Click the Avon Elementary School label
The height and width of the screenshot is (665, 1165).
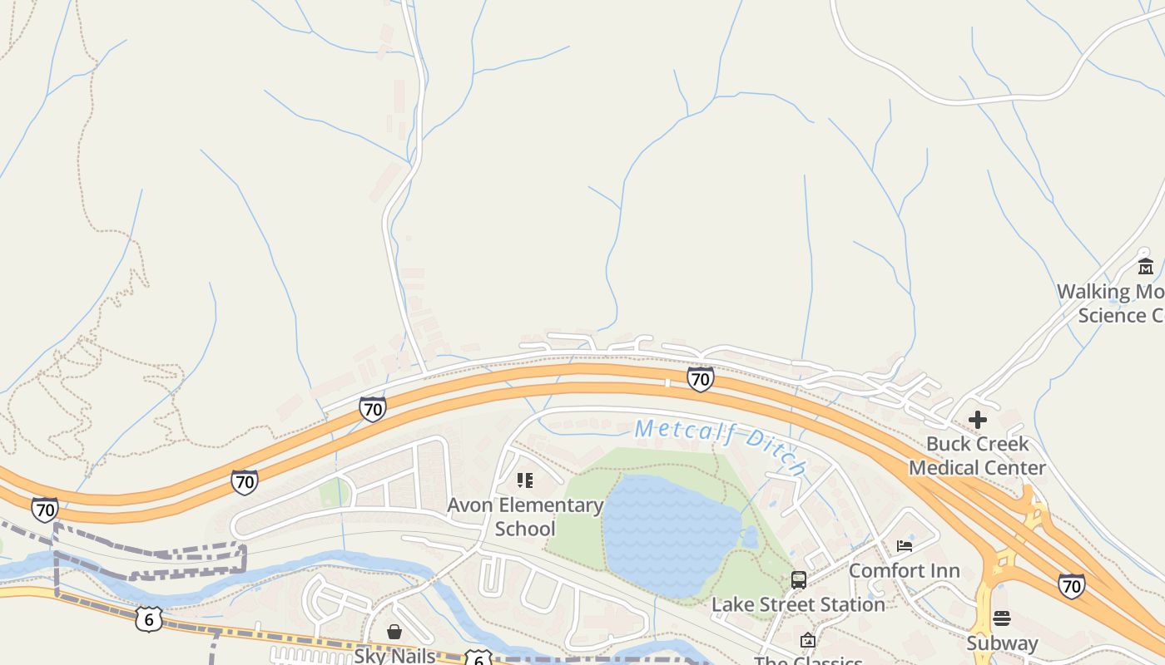[x=525, y=516]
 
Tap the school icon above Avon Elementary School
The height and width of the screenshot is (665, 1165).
[x=525, y=480]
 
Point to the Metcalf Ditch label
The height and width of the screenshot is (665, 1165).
[x=721, y=446]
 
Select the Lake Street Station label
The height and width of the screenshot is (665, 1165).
[x=798, y=604]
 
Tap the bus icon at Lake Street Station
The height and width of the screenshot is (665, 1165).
[x=799, y=580]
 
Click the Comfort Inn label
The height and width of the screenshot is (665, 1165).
[x=904, y=571]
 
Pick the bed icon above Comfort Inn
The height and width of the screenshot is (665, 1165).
[x=905, y=546]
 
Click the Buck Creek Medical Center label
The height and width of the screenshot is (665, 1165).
[x=977, y=456]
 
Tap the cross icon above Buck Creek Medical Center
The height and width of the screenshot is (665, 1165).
[x=978, y=420]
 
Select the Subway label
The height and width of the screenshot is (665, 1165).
[x=1002, y=643]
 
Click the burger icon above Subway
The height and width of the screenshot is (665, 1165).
[x=1002, y=618]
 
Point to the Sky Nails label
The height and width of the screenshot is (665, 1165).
[x=394, y=656]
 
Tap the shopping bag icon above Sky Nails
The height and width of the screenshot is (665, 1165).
[x=394, y=632]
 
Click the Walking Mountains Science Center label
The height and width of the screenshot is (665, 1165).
[x=1111, y=303]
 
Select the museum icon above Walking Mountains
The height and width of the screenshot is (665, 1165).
[x=1146, y=267]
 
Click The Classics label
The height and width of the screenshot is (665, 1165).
[x=807, y=661]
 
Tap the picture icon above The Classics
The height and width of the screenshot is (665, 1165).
[x=807, y=640]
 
